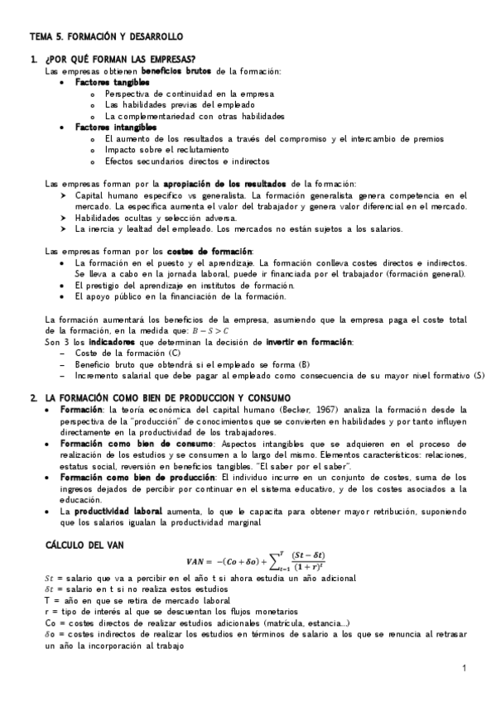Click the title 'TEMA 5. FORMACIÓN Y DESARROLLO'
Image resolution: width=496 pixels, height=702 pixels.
[x=106, y=37]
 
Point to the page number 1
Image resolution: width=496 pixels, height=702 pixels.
[x=465, y=667]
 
